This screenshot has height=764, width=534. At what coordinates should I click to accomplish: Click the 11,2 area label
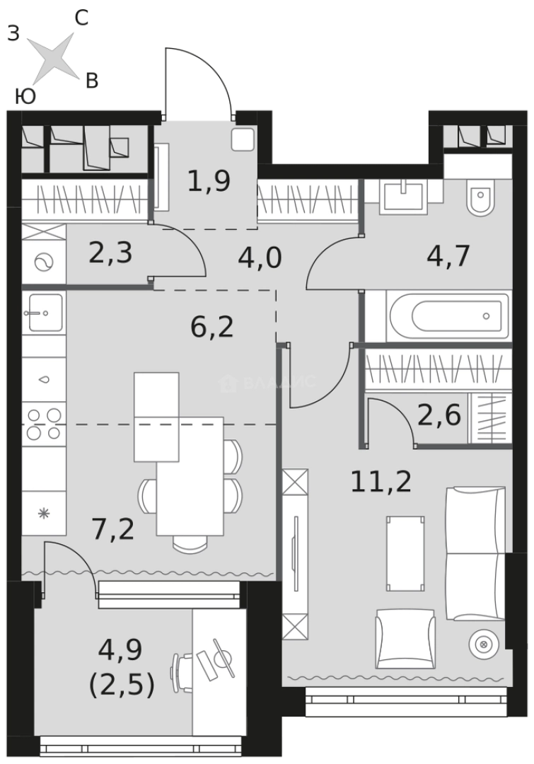click(x=381, y=482)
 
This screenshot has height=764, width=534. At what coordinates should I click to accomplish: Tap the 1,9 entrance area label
click(x=209, y=181)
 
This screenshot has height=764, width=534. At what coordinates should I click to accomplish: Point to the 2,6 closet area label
click(x=439, y=416)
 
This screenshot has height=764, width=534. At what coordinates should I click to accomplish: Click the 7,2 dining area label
click(x=113, y=529)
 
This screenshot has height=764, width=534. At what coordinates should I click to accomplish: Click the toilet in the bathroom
click(x=480, y=197)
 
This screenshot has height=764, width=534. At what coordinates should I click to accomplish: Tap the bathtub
click(x=448, y=316)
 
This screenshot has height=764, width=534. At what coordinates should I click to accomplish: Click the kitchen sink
click(x=44, y=313)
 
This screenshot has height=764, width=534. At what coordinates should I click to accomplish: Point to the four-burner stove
click(x=44, y=424)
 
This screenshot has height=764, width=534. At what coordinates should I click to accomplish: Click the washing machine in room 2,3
click(x=44, y=262)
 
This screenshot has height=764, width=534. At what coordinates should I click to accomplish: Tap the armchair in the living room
click(x=405, y=639)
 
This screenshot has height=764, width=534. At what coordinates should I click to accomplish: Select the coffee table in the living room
click(x=405, y=553)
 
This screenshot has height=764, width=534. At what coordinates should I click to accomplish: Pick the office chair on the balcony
click(x=181, y=673)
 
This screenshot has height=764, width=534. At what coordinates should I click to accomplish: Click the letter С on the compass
click(x=81, y=18)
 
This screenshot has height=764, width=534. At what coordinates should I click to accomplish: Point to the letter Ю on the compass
click(x=25, y=96)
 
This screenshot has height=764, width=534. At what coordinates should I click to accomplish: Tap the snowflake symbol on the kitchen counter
click(x=44, y=513)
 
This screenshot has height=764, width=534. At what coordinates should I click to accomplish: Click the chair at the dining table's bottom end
click(x=190, y=544)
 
